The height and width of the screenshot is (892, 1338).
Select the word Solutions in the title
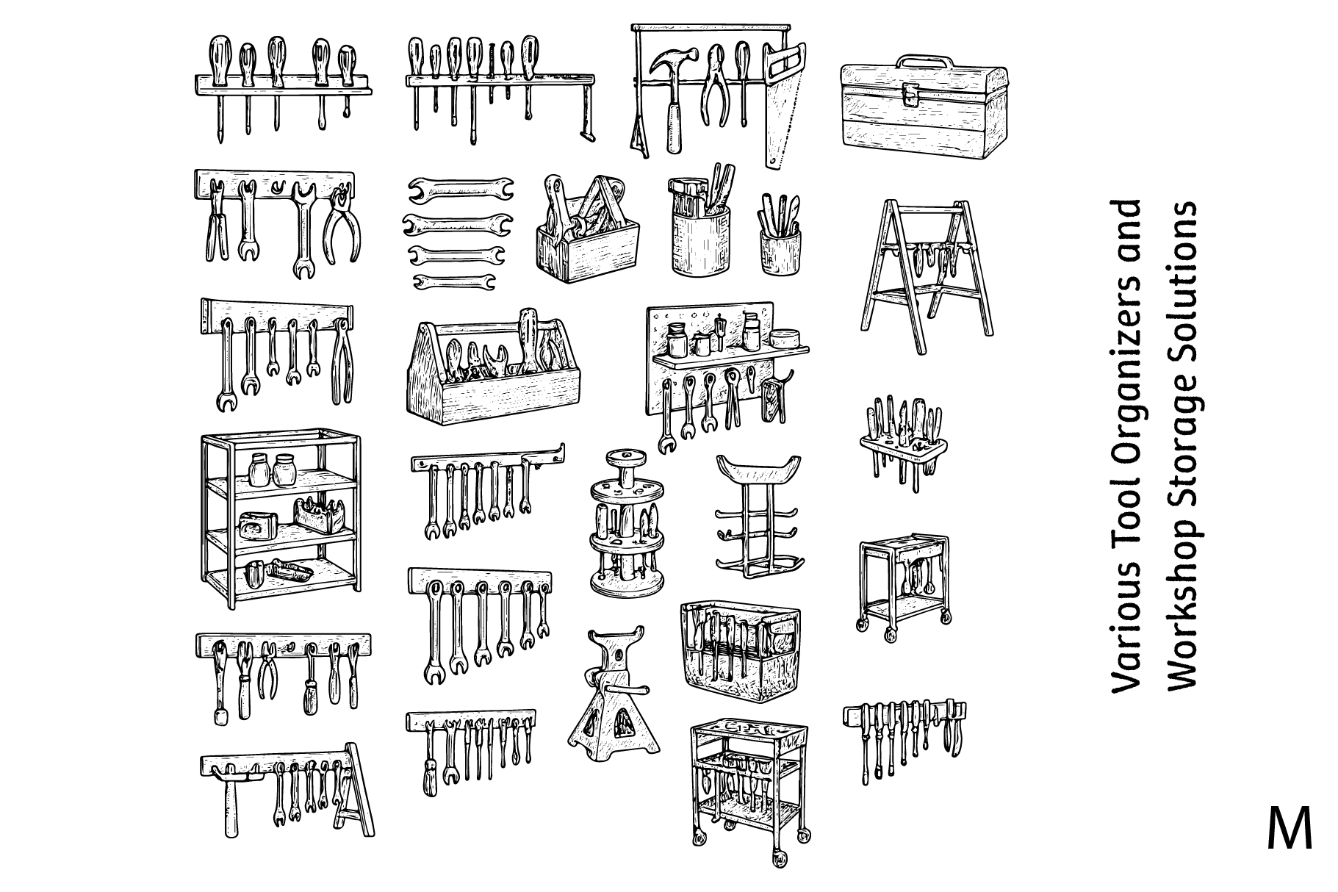[x=1181, y=265]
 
